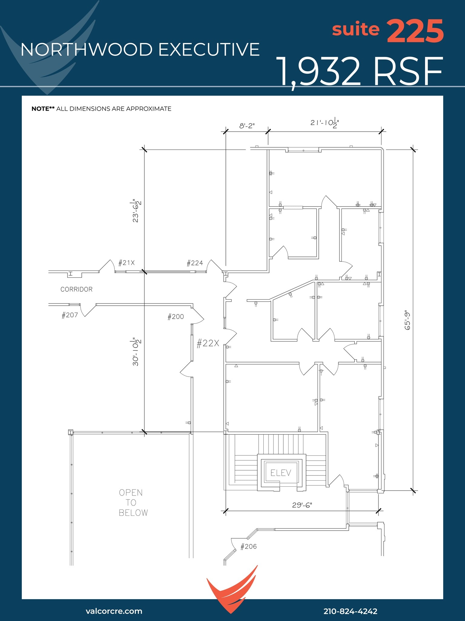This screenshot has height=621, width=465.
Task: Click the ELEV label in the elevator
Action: point(281,473)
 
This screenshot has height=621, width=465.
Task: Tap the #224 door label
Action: point(195,263)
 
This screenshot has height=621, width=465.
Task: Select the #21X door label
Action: point(126,263)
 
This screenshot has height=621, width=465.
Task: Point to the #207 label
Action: point(70,315)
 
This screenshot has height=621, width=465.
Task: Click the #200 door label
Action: point(176,317)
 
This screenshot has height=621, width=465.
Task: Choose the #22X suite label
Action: point(208,343)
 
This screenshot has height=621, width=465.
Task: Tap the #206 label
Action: point(248,547)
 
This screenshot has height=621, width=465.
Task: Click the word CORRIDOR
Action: point(76,289)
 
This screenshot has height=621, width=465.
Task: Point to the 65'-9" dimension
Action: point(407,320)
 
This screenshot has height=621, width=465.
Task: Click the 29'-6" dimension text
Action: point(302,505)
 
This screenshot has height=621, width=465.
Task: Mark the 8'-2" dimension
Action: point(247,126)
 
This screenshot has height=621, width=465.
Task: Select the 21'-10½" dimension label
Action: point(325,123)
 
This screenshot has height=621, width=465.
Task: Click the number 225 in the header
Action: point(415,31)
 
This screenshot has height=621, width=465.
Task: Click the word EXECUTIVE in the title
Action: point(209,49)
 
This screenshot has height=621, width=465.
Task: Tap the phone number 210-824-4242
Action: point(350,611)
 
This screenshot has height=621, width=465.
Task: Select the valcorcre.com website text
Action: point(114,611)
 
